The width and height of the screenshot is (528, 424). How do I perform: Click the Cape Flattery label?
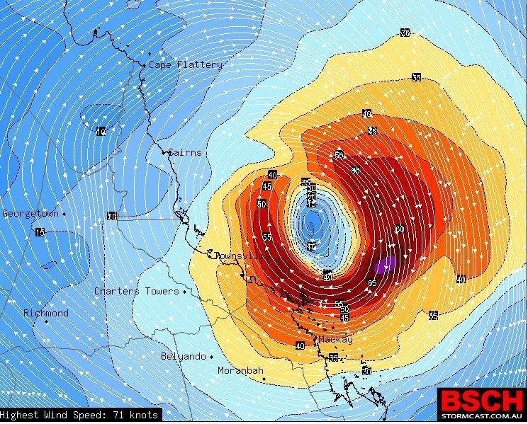(185, 64)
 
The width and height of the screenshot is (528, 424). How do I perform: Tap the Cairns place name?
(185, 152)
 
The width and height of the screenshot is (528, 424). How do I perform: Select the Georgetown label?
(30, 213)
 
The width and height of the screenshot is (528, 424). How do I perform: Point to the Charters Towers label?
(137, 291)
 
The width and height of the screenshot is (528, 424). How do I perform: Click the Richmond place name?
(46, 313)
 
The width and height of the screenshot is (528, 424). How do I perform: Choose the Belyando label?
(183, 356)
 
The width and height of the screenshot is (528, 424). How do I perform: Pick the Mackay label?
(335, 340)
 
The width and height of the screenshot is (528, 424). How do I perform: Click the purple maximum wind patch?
(385, 265)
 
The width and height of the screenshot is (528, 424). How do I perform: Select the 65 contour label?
(373, 283)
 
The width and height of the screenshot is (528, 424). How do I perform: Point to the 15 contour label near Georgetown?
(40, 232)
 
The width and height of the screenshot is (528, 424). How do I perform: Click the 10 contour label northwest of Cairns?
(101, 131)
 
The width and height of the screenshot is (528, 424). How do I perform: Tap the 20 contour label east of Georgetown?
(111, 216)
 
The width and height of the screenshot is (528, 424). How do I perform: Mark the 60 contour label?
(400, 229)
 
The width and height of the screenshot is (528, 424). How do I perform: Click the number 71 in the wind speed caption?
(113, 415)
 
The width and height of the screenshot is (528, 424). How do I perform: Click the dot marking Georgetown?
(64, 213)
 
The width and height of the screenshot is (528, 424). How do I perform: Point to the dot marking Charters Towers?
(185, 291)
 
